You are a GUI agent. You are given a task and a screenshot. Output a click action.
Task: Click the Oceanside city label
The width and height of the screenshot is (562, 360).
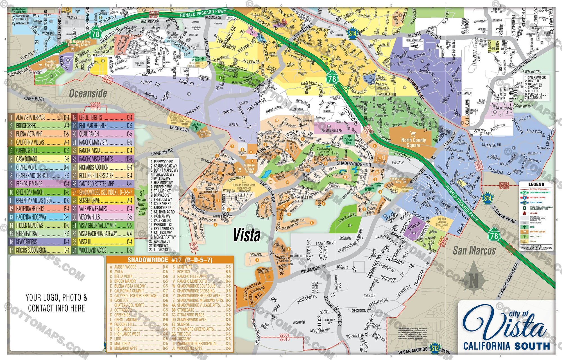coord(88,93)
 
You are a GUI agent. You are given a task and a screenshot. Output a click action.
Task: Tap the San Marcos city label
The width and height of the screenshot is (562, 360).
coord(474,250)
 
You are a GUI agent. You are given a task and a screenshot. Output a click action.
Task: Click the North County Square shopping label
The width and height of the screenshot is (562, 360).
coord(413,142)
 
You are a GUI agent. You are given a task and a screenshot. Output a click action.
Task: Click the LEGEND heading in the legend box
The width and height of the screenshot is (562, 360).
coord(536,184)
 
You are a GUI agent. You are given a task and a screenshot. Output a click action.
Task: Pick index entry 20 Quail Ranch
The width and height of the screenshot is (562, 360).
coord(103,134)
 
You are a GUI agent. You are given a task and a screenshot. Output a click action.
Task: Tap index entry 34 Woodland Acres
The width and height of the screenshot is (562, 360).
coord(103,250)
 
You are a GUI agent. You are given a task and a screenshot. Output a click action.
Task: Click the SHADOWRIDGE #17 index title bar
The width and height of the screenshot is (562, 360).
coord(170,260)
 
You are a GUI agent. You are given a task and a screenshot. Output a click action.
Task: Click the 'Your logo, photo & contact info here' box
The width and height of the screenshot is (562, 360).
coord(56,303)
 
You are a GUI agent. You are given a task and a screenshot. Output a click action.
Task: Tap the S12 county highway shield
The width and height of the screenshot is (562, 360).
coord(435,348)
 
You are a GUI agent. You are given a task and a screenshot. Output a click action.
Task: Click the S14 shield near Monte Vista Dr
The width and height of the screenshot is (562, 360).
coord(352,34)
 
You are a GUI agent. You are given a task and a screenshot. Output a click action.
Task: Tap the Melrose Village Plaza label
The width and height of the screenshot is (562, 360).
coord(249,168)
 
